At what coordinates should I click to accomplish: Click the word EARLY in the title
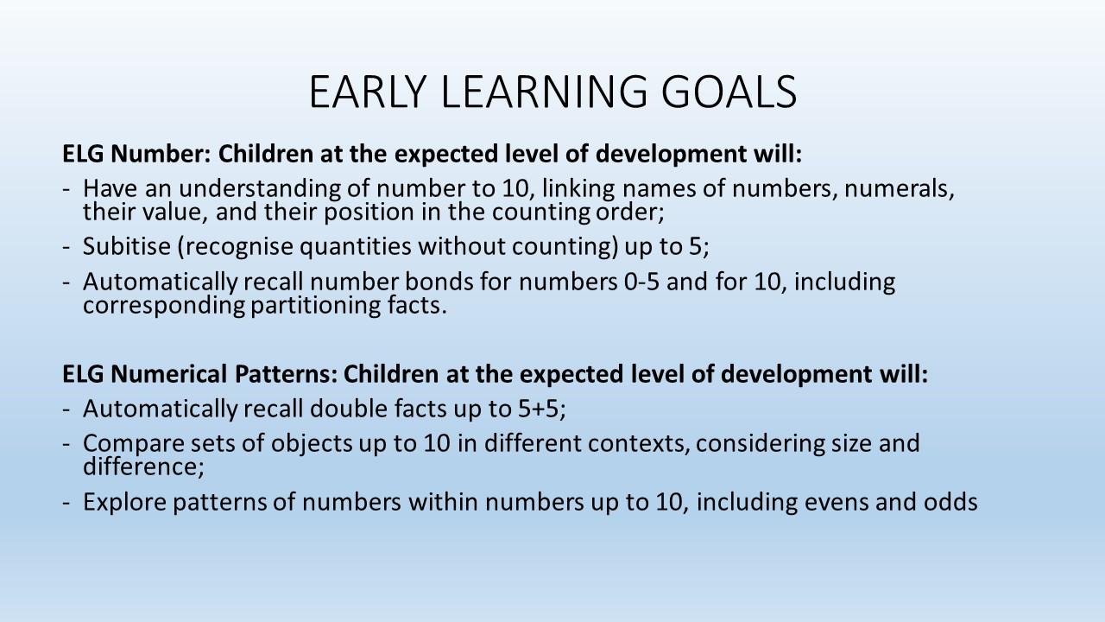[x=368, y=92]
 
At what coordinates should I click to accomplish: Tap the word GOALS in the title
[x=729, y=92]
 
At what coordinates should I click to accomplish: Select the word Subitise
[x=127, y=246]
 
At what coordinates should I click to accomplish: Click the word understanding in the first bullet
[x=260, y=188]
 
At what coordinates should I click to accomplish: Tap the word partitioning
[x=316, y=306]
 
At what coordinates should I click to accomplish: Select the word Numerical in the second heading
[x=169, y=374]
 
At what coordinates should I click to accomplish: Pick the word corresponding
[x=164, y=306]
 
